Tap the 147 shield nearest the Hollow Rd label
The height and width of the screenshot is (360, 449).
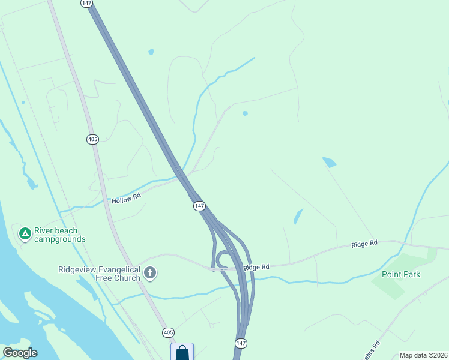pyautogui.click(x=199, y=206)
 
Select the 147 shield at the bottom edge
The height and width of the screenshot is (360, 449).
pyautogui.click(x=240, y=343)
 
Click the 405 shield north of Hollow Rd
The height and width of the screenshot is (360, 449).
pyautogui.click(x=92, y=139)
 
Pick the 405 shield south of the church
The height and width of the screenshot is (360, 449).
pyautogui.click(x=168, y=332)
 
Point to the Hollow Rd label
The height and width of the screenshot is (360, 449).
pyautogui.click(x=126, y=197)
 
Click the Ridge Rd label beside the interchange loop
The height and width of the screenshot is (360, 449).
pyautogui.click(x=257, y=266)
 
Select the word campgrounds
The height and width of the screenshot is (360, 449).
pyautogui.click(x=59, y=239)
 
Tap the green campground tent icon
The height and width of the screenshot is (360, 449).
pyautogui.click(x=25, y=233)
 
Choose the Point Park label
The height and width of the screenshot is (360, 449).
pyautogui.click(x=401, y=275)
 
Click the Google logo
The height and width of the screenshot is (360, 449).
pyautogui.click(x=20, y=353)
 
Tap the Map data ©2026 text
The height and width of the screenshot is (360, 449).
pyautogui.click(x=423, y=355)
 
